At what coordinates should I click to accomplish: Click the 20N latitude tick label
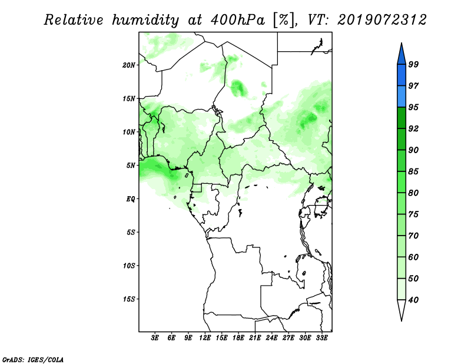click(129, 65)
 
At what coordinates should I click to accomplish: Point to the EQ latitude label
click(131, 199)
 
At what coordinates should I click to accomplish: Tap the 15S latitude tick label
click(129, 299)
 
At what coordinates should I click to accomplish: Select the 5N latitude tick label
click(131, 166)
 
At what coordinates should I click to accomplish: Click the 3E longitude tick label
click(155, 338)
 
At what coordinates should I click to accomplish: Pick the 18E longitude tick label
click(238, 338)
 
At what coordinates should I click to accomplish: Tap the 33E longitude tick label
click(321, 338)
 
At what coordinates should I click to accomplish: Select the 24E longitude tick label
click(271, 338)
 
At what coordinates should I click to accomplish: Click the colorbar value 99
click(413, 64)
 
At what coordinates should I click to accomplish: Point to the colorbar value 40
click(413, 300)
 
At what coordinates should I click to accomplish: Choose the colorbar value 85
click(413, 171)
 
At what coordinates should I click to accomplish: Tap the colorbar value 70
click(413, 236)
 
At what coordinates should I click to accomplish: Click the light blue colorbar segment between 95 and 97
click(402, 97)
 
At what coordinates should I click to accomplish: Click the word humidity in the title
click(145, 20)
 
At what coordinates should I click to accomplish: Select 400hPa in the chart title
click(238, 20)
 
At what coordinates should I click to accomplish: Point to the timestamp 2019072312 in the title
click(382, 20)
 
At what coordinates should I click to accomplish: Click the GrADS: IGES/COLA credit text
click(33, 359)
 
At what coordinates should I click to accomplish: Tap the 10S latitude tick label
click(129, 266)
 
